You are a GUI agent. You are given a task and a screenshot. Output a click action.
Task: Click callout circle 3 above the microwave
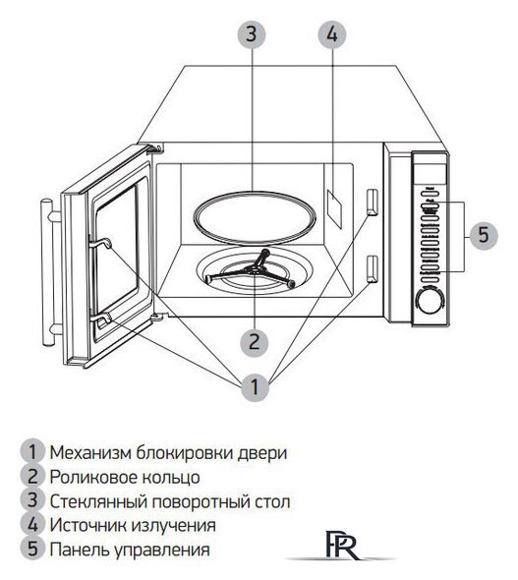click(x=252, y=34)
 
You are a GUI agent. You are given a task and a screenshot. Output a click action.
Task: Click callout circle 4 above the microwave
click(x=332, y=34)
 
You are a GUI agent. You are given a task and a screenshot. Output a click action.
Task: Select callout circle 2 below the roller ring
click(x=254, y=341)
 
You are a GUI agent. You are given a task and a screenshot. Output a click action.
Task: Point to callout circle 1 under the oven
click(x=254, y=386)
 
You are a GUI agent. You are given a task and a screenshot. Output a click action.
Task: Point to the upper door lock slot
click(x=372, y=201)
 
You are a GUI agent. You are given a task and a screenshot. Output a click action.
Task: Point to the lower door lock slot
click(x=372, y=266)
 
